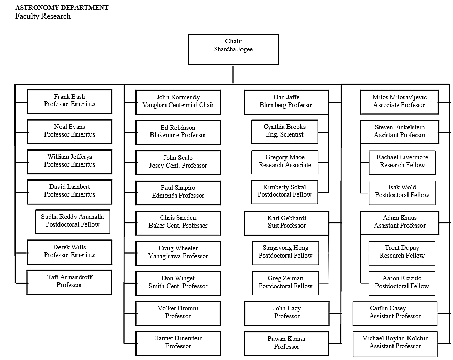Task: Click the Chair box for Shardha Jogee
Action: [233, 49]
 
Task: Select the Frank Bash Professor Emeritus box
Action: [69, 101]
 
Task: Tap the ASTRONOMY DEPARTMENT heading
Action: [62, 8]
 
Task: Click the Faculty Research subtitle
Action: [43, 17]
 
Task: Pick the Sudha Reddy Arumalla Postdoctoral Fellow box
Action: [72, 221]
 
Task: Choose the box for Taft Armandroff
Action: [69, 282]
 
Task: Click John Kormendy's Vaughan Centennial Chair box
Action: [178, 101]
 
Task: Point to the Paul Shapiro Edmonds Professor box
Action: [178, 192]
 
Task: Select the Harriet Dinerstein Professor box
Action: [178, 342]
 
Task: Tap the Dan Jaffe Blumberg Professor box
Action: [286, 101]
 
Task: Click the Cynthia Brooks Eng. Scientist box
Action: [284, 131]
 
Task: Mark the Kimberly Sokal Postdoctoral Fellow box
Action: [284, 191]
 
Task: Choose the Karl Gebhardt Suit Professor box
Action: [286, 222]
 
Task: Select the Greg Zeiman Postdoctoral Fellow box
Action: [285, 282]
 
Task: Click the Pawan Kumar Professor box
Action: [286, 343]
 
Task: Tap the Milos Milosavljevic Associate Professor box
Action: [399, 101]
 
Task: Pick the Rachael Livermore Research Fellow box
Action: [402, 162]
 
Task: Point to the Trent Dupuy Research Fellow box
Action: [402, 252]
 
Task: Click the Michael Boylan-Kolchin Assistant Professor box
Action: [395, 342]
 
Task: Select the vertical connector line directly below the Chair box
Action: [233, 74]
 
